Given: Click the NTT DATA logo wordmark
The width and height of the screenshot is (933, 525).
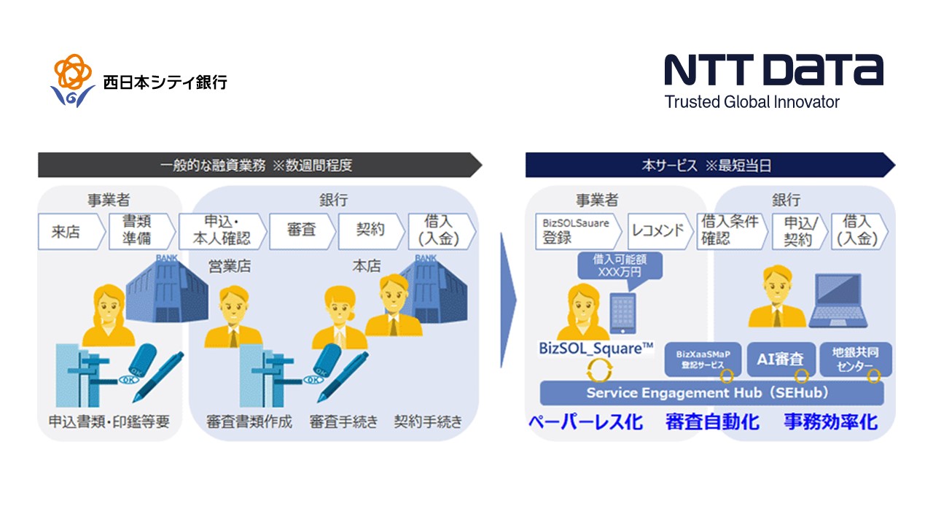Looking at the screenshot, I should pos(773,70).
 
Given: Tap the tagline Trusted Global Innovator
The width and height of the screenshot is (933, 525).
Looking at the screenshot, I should pos(752,102).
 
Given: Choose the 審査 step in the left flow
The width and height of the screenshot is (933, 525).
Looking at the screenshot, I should pos(301,230).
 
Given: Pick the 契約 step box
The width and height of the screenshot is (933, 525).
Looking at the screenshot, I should pos(370,230).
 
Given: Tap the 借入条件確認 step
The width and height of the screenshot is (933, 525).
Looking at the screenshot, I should pos(730,230).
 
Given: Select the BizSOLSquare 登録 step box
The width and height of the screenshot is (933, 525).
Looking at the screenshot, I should pos(575,230).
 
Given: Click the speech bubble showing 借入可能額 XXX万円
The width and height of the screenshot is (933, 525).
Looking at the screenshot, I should pos(620,265).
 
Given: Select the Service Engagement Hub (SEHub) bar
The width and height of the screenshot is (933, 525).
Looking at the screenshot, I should pos(711,393).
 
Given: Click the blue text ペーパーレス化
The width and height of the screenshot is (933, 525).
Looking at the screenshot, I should pos(586,421).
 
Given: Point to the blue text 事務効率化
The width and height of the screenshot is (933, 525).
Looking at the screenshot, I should pos(829,421).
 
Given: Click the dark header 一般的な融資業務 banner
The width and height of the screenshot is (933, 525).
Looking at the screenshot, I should pos(259,166).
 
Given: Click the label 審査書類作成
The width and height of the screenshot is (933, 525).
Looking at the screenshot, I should pos(249,421).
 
